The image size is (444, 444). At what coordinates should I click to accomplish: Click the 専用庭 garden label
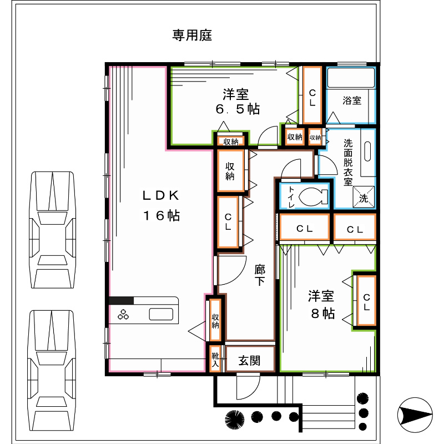[x=192, y=36]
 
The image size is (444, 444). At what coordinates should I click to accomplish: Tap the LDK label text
[x=161, y=195]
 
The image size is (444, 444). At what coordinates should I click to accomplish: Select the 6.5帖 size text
[x=238, y=109]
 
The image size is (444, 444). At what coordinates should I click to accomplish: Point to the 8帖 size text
[x=323, y=314]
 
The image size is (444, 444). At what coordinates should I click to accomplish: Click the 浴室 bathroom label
[x=352, y=100]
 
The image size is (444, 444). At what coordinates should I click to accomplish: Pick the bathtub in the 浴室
[x=351, y=78]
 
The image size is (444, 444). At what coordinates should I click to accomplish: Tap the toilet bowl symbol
[x=313, y=196]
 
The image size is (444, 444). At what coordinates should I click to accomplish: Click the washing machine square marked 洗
[x=364, y=197]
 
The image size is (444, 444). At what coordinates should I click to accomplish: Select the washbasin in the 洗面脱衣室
[x=367, y=152]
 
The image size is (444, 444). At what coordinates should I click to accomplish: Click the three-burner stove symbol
[x=123, y=314]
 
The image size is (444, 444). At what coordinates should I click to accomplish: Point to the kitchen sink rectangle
[x=161, y=314]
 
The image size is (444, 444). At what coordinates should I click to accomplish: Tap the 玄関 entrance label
[x=249, y=361]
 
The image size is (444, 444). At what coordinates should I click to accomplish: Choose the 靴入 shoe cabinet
[x=215, y=359]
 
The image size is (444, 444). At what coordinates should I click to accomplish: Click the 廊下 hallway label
[x=260, y=275]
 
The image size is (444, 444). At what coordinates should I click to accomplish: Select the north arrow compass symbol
[x=415, y=415]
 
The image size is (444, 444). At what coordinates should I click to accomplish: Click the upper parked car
[x=52, y=230]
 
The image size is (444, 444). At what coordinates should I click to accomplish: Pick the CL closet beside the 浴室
[x=312, y=95]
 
